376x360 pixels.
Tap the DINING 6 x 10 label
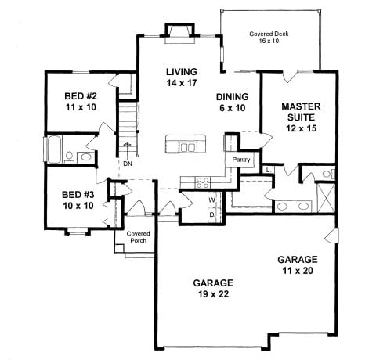(x=232, y=102)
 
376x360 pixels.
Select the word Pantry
(x=240, y=160)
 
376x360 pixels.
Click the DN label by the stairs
(x=127, y=164)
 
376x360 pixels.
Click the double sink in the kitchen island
(x=187, y=146)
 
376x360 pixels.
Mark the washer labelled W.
(x=211, y=199)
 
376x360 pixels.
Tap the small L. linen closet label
(x=269, y=169)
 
